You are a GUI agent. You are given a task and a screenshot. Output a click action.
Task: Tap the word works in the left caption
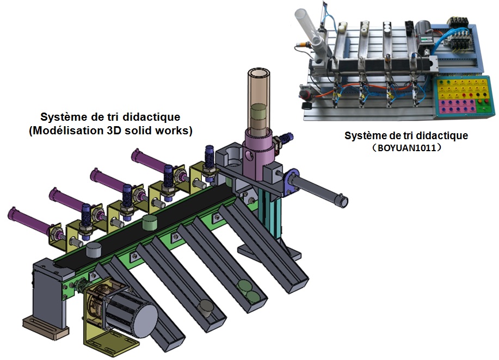174,131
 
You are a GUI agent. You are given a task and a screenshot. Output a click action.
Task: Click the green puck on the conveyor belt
150,222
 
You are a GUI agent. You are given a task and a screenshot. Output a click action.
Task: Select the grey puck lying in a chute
205,306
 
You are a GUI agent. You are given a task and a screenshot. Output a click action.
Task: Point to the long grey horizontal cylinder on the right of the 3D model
321,191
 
